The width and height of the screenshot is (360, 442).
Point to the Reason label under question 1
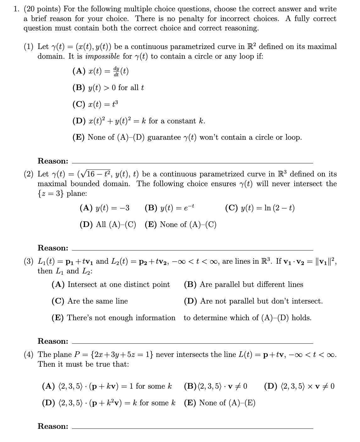pyautogui.click(x=53, y=161)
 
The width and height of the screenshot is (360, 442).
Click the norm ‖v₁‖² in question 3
pyautogui.click(x=326, y=261)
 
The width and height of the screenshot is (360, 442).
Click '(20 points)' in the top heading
pyautogui.click(x=37, y=9)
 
